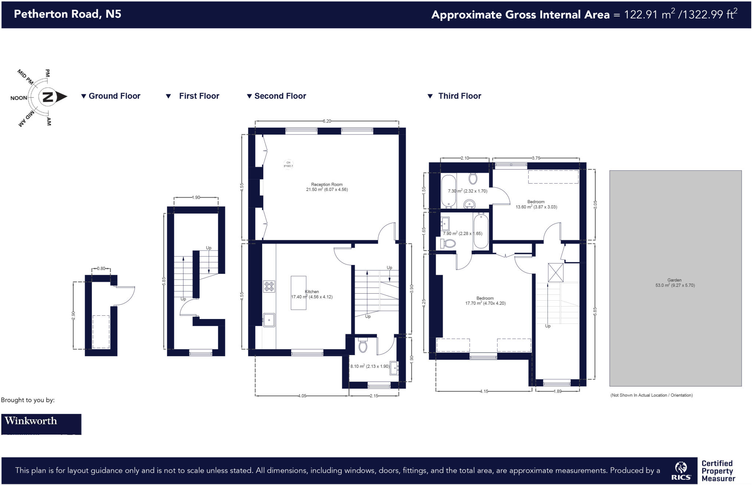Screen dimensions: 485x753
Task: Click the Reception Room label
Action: (x=326, y=185)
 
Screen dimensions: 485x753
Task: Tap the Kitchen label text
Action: (x=312, y=291)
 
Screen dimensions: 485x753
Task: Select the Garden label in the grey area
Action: (x=674, y=280)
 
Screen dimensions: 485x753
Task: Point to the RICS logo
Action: (x=681, y=471)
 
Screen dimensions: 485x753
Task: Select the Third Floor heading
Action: (x=459, y=96)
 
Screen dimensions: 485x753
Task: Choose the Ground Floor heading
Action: (x=114, y=96)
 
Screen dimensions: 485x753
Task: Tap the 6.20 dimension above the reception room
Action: (x=326, y=121)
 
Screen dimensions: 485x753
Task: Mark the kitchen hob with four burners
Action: (x=269, y=286)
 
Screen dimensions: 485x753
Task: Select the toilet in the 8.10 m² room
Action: (x=363, y=346)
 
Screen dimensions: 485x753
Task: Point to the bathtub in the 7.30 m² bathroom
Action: (x=448, y=191)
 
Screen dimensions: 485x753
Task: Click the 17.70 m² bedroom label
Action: (x=485, y=301)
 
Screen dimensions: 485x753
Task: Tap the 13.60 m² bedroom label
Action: (x=536, y=205)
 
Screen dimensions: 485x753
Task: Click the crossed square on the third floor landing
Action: (x=555, y=272)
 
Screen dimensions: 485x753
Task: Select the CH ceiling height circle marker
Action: (x=288, y=164)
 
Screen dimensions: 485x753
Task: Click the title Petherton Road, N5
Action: (x=67, y=14)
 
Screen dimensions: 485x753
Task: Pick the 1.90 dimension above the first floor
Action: (x=196, y=198)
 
